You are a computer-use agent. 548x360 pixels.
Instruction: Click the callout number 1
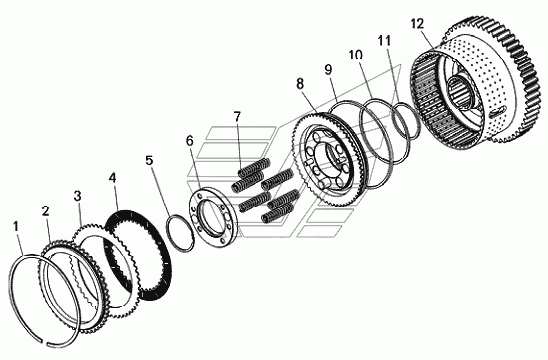tap(15, 226)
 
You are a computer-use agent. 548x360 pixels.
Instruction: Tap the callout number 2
tap(45, 211)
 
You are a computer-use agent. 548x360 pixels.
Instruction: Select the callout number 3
tap(78, 196)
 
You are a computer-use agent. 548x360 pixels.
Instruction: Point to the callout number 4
tap(112, 178)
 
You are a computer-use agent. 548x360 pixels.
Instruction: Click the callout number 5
tap(149, 160)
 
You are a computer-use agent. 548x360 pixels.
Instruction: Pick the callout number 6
tap(189, 141)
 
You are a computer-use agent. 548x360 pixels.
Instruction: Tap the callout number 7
tap(237, 116)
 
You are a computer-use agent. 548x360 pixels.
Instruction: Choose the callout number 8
tap(300, 84)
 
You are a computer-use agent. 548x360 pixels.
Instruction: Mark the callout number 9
tap(328, 70)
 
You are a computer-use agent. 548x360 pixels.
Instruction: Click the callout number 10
tap(355, 55)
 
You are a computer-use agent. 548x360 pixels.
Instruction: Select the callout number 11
tap(384, 41)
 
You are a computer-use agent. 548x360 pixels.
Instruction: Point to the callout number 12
tap(417, 24)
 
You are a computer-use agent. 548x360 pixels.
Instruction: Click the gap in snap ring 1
tap(45, 341)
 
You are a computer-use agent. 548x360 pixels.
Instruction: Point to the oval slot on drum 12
tap(497, 111)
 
